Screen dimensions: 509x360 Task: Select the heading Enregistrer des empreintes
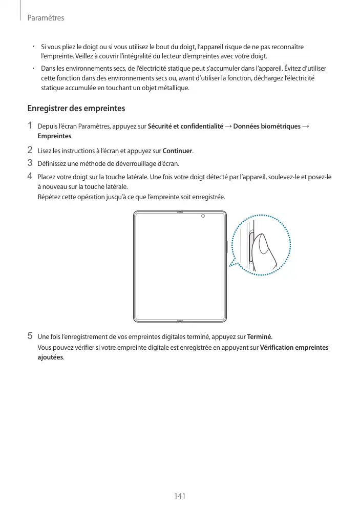pos(76,109)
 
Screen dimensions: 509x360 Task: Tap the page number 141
pos(179,496)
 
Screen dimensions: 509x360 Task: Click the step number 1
pos(30,125)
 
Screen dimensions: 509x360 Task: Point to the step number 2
pos(30,151)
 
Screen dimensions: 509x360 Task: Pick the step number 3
pos(30,163)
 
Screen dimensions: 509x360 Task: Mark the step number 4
pos(30,177)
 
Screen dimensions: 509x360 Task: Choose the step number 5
pos(30,336)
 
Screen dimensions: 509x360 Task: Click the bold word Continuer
pos(177,151)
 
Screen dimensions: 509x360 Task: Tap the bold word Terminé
pos(259,336)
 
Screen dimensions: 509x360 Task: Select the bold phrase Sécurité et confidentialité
pos(185,126)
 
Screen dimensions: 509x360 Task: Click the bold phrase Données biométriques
pos(266,126)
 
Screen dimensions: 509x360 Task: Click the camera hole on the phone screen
pos(203,216)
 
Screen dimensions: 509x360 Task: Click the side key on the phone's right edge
pos(227,246)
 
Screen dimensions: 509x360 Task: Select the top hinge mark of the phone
pos(179,211)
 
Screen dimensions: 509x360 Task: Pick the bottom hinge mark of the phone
pos(179,322)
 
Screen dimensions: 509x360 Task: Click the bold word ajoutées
pos(51,357)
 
